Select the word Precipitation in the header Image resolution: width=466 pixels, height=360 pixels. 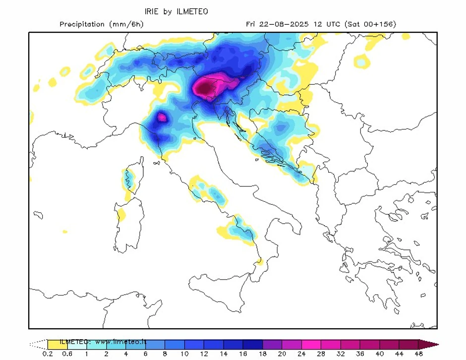coord(82,24)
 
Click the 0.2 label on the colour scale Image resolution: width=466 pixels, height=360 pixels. coord(48,354)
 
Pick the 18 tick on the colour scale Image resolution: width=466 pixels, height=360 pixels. coord(262,354)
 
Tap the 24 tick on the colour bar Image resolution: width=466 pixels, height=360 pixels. coord(301,354)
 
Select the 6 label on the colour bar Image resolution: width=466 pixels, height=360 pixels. coord(145,354)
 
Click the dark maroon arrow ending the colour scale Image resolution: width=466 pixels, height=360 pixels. coord(428,344)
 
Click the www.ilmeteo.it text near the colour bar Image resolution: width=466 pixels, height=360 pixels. coord(122,342)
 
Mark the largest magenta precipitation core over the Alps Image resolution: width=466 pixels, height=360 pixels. coord(206,88)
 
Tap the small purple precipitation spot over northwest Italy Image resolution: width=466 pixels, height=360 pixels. coord(161,118)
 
